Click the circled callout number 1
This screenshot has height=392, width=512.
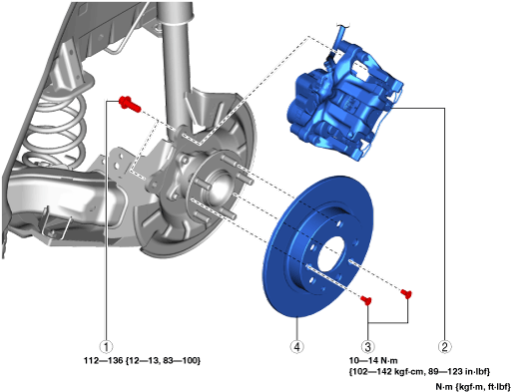[106, 347]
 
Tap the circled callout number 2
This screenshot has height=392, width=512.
[444, 347]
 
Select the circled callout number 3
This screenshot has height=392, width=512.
[367, 347]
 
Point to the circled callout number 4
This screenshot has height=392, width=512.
[297, 347]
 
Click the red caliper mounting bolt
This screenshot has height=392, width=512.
[130, 103]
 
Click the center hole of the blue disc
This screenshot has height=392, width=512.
[333, 253]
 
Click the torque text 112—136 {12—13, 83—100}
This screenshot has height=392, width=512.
[143, 360]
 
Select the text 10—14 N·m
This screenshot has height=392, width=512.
[373, 360]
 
